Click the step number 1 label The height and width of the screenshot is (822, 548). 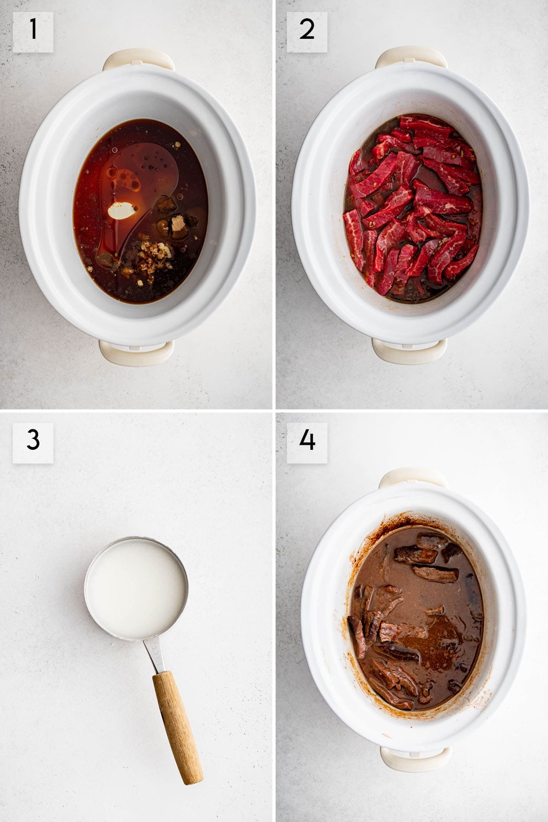32,32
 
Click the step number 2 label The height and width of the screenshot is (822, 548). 306,32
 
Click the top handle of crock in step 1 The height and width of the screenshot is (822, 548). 138,61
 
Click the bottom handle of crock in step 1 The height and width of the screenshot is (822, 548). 131,352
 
